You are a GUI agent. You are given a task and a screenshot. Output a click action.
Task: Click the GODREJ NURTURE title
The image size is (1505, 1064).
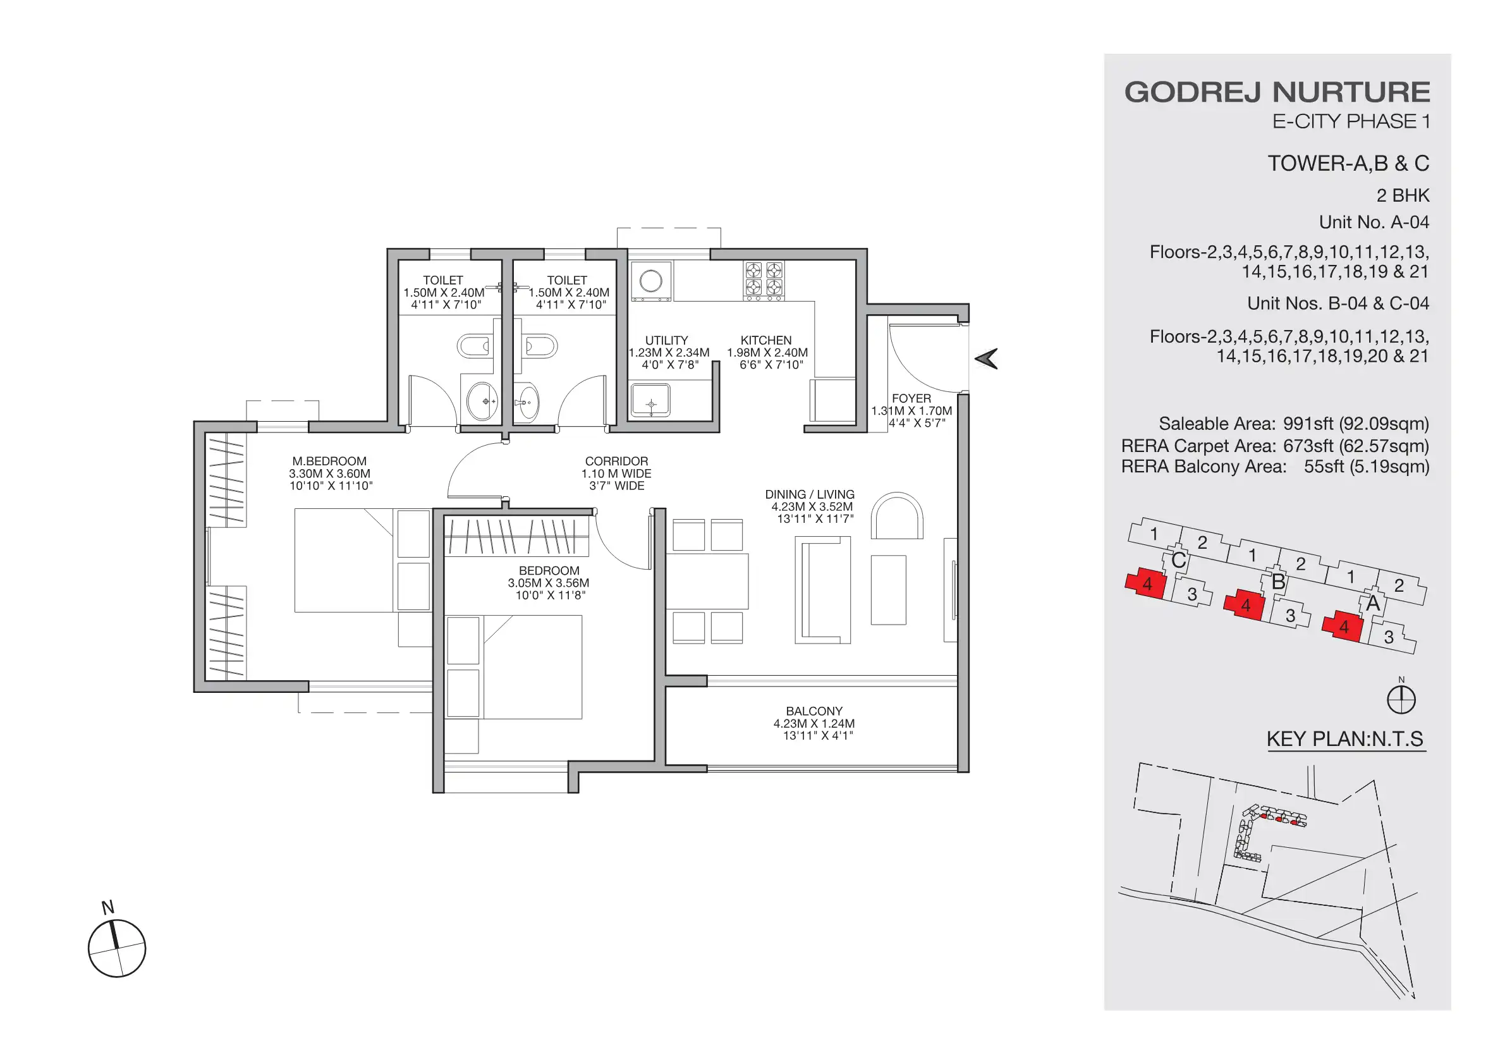coord(1276,92)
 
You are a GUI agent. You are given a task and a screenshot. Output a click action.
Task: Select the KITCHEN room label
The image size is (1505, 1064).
coord(765,340)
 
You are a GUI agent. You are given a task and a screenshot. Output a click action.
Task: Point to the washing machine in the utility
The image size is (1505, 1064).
coord(651,281)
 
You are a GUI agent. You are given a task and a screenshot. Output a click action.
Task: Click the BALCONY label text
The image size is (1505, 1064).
coord(813,711)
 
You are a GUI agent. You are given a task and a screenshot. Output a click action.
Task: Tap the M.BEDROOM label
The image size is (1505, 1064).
coord(329,461)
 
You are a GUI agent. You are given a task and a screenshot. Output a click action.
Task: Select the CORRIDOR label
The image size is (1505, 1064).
coord(616,461)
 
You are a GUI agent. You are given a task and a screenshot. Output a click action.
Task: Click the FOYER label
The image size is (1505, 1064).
coord(910,398)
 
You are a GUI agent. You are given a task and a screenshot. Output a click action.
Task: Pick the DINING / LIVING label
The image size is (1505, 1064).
coord(810,494)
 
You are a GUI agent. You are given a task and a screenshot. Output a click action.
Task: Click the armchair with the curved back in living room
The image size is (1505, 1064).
coord(897,517)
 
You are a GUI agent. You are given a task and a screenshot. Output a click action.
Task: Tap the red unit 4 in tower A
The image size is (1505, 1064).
coord(1343,627)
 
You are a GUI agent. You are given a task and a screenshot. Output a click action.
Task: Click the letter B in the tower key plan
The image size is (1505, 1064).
coord(1277,582)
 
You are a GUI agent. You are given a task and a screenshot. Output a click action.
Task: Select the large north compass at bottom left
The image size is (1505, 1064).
coord(117,948)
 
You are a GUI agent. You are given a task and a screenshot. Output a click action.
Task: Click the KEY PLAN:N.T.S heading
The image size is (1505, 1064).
coord(1344,739)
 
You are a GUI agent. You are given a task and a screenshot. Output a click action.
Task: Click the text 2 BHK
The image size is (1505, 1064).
coord(1402,195)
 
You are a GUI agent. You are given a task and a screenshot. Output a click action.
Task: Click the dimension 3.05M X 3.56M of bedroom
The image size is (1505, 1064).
coord(548,583)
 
